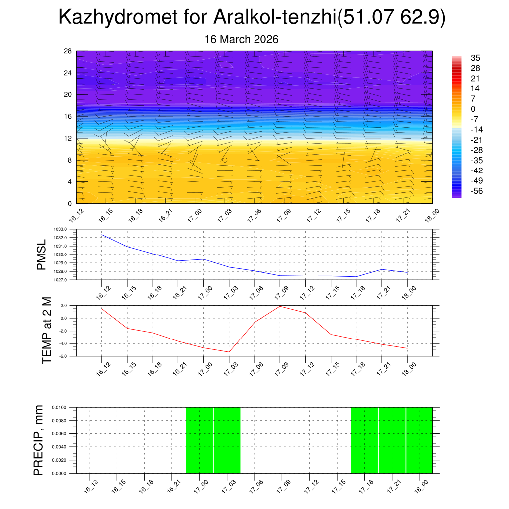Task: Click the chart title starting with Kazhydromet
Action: tap(252, 18)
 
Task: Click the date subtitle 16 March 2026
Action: tap(242, 39)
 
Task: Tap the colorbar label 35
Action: tap(476, 58)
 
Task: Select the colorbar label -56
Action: tap(476, 191)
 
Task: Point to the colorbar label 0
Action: tap(473, 109)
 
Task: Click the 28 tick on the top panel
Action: tap(68, 51)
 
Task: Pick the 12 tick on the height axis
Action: tap(68, 138)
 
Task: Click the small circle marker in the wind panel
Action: tap(225, 160)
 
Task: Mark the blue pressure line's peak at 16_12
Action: tap(102, 235)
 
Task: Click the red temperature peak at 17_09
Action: tap(280, 306)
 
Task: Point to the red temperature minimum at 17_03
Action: tap(229, 352)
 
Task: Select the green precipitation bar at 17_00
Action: tap(199, 440)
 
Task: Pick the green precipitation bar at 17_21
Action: tap(392, 440)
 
